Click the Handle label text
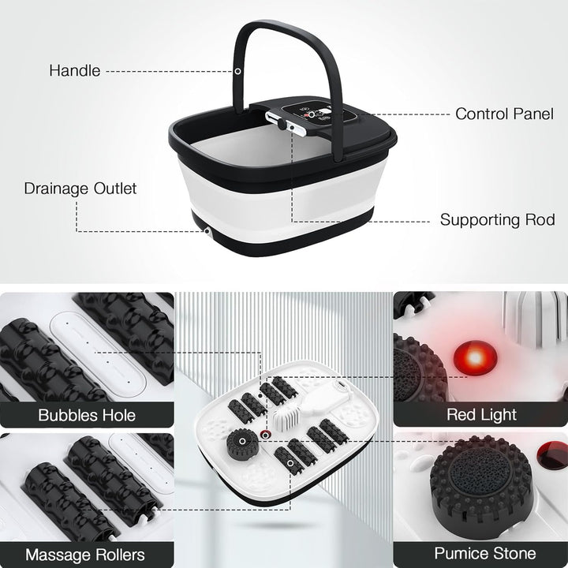tap(75, 70)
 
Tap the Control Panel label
tap(504, 114)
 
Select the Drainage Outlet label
tap(80, 189)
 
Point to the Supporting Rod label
tap(497, 219)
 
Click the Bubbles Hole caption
tap(86, 414)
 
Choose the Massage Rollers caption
tap(85, 554)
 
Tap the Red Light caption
tap(481, 414)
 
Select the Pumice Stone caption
tap(481, 554)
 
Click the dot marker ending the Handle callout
tap(237, 71)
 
